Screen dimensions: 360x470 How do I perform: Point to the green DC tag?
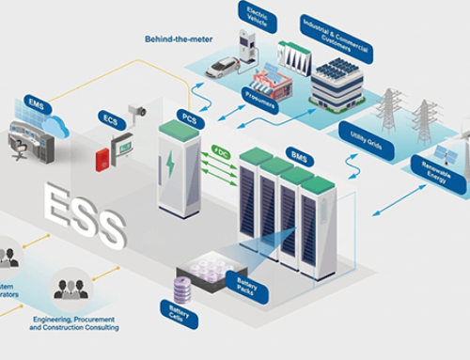(x=221, y=150)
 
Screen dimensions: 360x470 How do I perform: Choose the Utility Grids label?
(x=365, y=139)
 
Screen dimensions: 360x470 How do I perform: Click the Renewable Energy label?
(x=437, y=176)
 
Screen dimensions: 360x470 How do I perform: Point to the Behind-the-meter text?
(x=179, y=39)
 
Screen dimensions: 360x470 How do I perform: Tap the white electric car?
(x=222, y=68)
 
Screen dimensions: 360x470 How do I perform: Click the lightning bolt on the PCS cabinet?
(x=170, y=167)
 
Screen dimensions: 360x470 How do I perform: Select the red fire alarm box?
(x=102, y=159)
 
